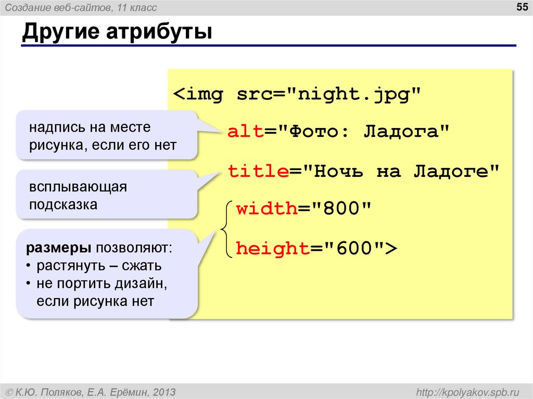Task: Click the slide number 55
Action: point(521,7)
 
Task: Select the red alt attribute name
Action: point(246,132)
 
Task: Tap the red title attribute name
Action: point(259,171)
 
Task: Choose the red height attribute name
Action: point(273,249)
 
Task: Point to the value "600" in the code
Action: point(354,249)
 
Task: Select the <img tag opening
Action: point(198,95)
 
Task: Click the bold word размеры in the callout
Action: point(54,248)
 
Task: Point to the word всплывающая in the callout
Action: point(78,187)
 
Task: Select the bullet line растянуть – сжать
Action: point(99,266)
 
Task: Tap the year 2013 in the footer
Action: point(164,391)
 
